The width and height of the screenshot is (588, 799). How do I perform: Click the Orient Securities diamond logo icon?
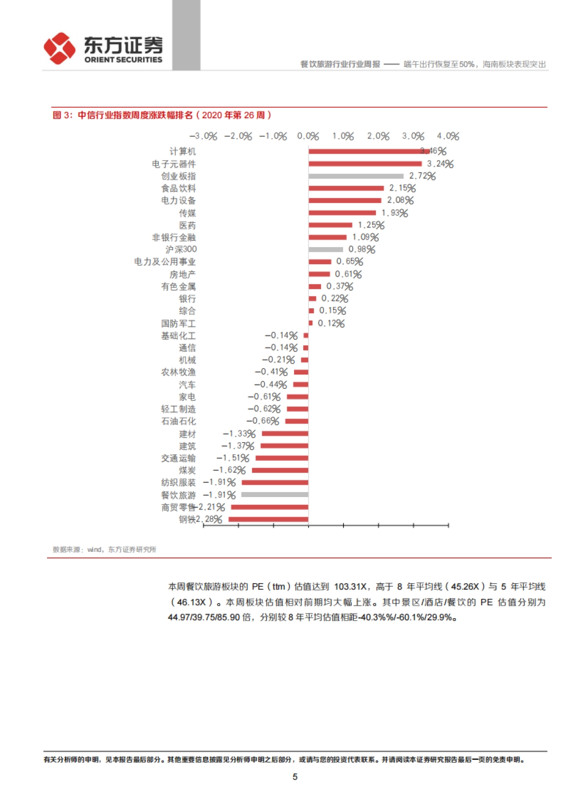(60, 49)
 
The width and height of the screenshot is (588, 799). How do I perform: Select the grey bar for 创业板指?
(356, 176)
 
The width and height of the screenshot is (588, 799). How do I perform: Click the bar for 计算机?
(368, 151)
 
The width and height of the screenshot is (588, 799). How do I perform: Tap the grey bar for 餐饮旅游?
(275, 495)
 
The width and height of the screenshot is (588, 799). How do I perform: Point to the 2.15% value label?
(402, 188)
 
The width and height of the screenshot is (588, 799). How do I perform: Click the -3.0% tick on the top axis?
(203, 136)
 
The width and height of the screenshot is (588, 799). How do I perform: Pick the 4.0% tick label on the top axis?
(448, 136)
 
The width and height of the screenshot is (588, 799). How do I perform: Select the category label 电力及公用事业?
(165, 262)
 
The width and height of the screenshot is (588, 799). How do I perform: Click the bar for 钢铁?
(269, 520)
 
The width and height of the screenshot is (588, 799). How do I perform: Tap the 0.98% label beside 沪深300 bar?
(362, 250)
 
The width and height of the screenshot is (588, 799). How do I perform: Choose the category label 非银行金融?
(173, 237)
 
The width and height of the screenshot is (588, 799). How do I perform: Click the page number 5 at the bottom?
(295, 776)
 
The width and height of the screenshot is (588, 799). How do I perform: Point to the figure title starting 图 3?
(162, 115)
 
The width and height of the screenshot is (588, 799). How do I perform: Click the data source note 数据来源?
(104, 549)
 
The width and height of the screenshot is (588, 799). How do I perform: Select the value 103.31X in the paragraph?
(350, 587)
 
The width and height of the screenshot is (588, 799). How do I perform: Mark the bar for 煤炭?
(280, 471)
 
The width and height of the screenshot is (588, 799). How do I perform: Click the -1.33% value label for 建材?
(239, 434)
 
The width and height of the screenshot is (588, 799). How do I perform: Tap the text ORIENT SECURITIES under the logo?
(123, 60)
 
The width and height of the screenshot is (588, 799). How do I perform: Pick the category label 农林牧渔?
(178, 372)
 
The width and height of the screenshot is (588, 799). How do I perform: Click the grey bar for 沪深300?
(325, 250)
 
